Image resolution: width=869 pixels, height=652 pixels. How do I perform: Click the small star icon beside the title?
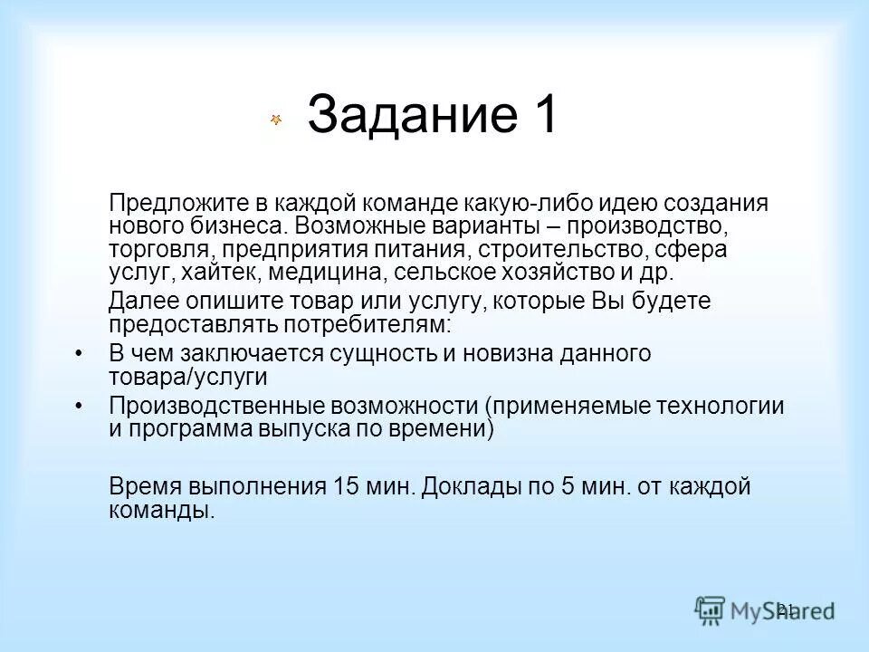point(276,120)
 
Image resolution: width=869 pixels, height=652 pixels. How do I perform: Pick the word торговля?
point(162,250)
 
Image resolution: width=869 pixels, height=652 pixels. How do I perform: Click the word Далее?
point(138,302)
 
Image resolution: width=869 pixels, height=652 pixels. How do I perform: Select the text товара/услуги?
point(187,378)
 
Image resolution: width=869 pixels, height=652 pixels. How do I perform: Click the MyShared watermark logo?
point(763,609)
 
